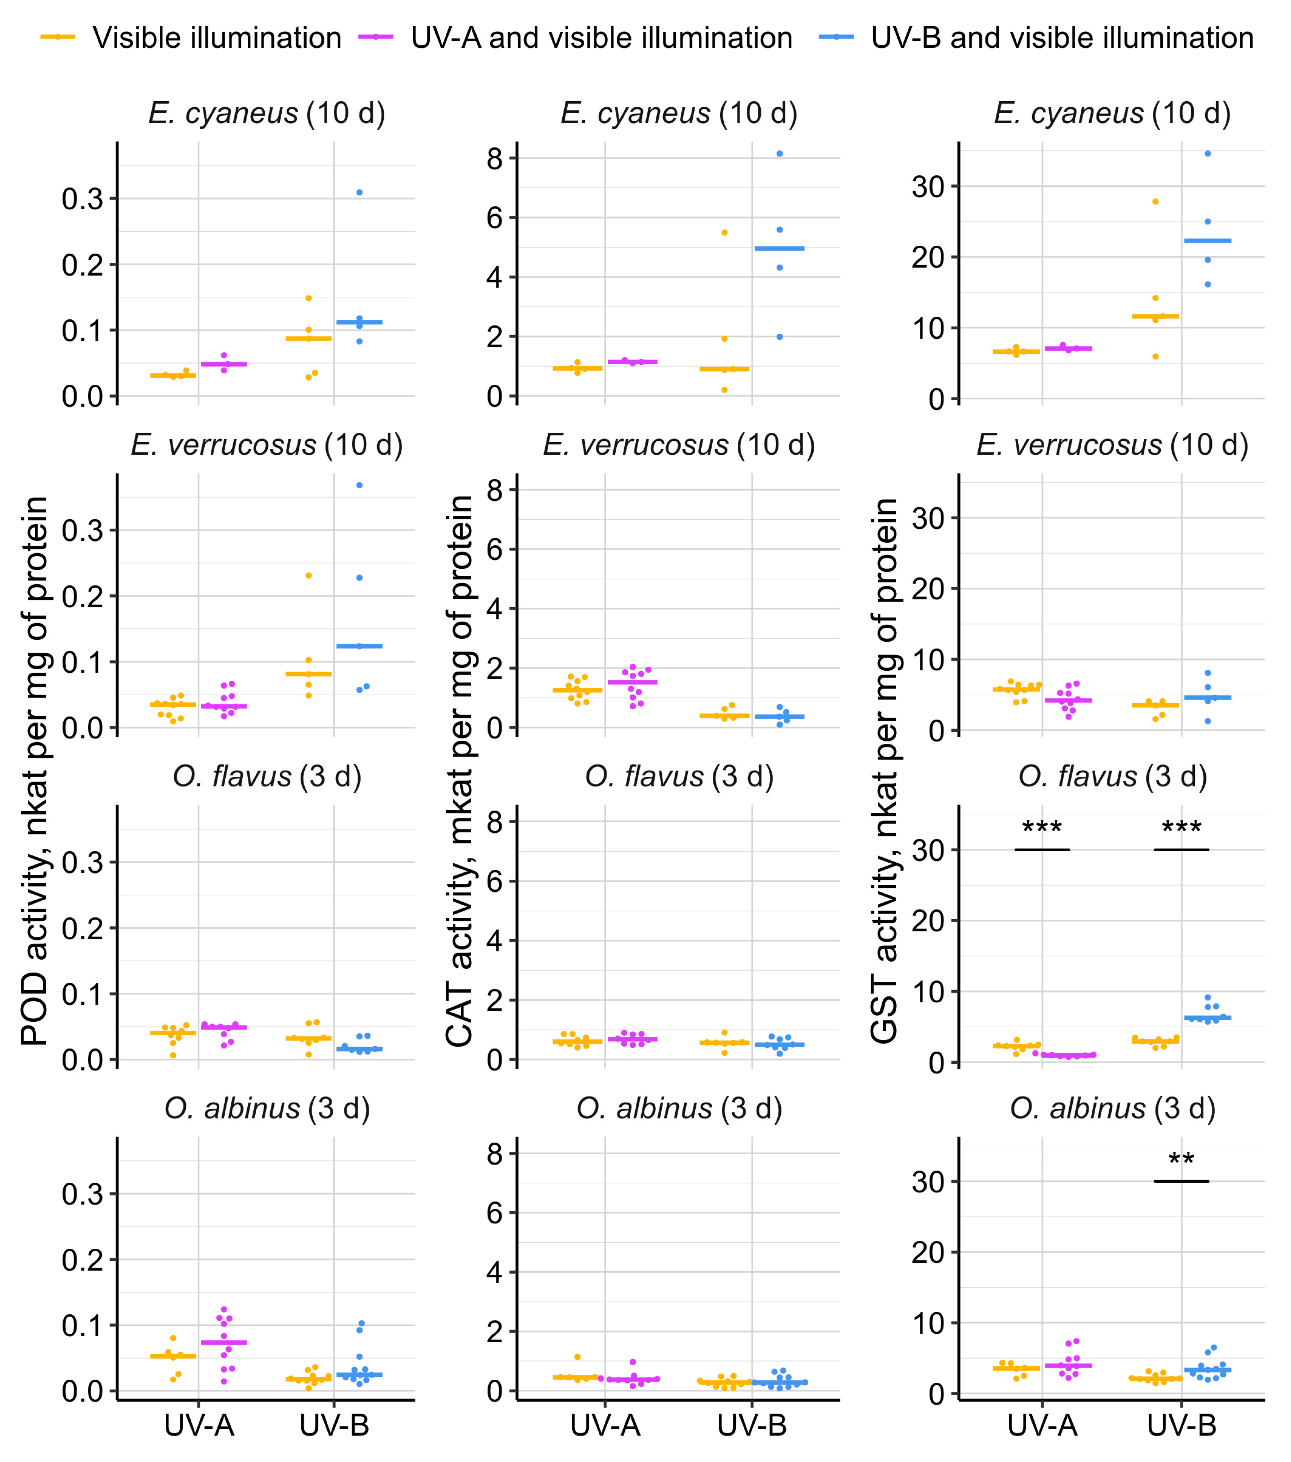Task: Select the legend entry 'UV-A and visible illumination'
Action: pyautogui.click(x=601, y=38)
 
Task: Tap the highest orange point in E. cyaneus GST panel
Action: pyautogui.click(x=1155, y=202)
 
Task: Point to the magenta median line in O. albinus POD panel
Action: pyautogui.click(x=224, y=1343)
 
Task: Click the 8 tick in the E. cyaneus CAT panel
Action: pyautogui.click(x=494, y=158)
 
